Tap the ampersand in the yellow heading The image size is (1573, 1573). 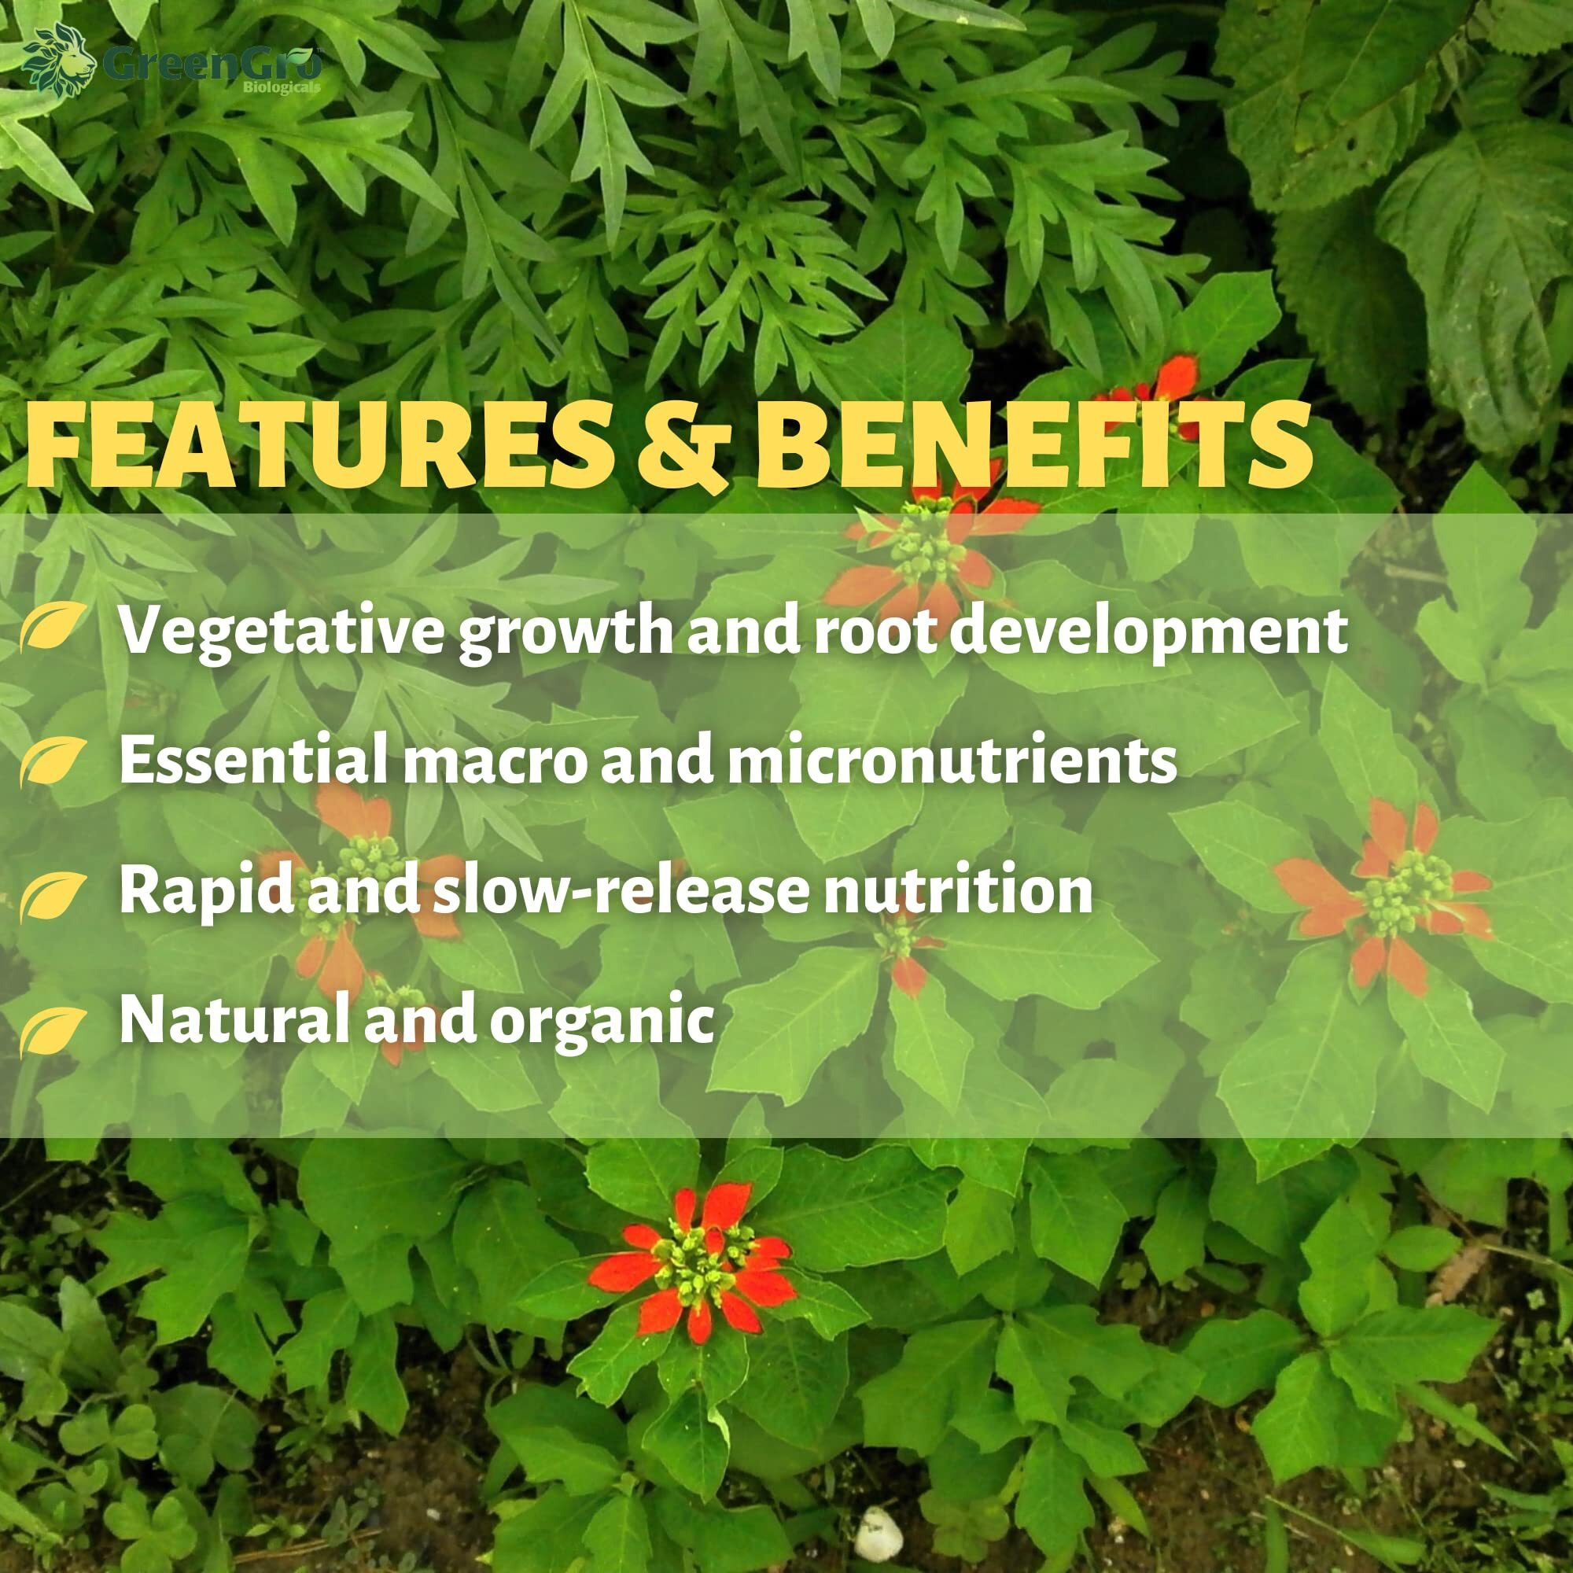682,448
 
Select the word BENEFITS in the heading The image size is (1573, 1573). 1033,448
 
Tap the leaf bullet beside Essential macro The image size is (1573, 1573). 51,761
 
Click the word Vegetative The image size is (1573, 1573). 280,631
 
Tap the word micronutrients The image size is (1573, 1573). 952,760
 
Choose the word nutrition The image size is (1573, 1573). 957,892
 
